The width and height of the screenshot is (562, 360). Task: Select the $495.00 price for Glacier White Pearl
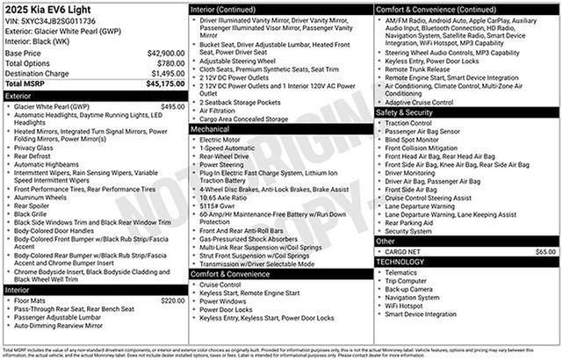(x=172, y=105)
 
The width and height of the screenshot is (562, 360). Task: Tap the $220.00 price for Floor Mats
(x=172, y=300)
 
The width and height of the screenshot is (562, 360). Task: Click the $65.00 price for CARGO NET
(x=545, y=251)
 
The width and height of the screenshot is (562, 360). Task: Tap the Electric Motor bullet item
(x=220, y=139)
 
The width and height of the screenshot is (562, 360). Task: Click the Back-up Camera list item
(x=408, y=288)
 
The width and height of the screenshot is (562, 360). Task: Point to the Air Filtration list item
(x=223, y=111)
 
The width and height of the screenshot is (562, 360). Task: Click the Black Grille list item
(x=32, y=213)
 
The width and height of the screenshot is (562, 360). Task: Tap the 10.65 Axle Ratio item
(x=226, y=198)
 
